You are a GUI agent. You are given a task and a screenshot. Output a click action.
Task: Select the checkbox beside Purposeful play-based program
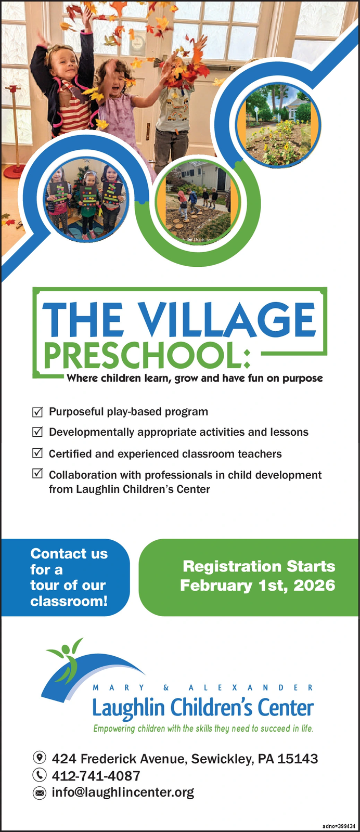click(37, 411)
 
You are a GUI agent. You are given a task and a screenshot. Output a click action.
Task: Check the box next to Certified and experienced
click(37, 453)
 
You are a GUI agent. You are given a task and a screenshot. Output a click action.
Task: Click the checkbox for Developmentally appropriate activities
click(37, 432)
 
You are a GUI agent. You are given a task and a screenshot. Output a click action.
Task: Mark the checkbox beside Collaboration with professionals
click(37, 474)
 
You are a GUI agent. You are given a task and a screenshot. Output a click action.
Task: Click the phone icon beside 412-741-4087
click(40, 775)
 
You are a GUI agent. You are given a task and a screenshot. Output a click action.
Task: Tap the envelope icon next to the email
click(40, 793)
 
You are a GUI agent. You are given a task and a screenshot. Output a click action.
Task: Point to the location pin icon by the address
click(40, 757)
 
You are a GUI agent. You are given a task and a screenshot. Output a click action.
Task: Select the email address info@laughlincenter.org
click(123, 792)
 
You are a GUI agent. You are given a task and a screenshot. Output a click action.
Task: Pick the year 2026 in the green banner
click(314, 586)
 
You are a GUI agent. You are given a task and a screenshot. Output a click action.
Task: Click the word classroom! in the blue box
click(69, 601)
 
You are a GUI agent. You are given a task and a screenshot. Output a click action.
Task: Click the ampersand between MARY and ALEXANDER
click(166, 687)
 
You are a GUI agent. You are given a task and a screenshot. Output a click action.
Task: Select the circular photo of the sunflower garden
click(279, 124)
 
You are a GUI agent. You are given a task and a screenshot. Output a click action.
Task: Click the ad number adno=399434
click(339, 826)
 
